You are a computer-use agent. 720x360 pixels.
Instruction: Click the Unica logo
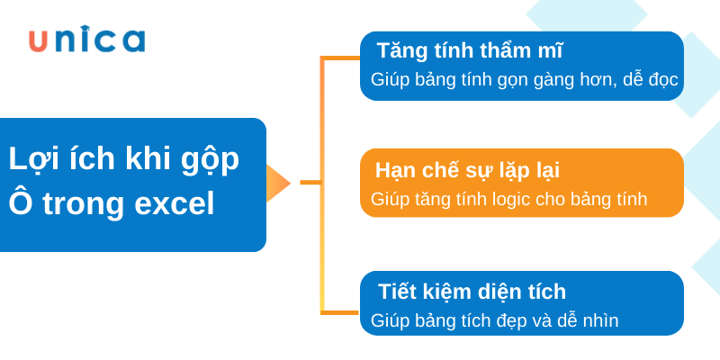click(x=86, y=40)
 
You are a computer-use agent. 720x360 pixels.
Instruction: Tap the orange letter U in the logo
click(x=39, y=40)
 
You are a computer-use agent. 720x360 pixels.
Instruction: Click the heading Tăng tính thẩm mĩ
click(x=470, y=49)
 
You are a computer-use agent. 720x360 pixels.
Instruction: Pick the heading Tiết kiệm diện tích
click(x=472, y=291)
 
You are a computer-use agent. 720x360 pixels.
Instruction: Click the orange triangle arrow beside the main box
click(x=277, y=183)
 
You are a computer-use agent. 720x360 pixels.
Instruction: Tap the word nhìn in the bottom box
click(x=595, y=320)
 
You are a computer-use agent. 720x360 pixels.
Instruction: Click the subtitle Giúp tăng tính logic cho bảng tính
click(x=508, y=199)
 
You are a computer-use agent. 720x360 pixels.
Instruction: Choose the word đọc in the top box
click(x=659, y=80)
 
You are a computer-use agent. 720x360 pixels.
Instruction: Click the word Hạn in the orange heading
click(x=397, y=169)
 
